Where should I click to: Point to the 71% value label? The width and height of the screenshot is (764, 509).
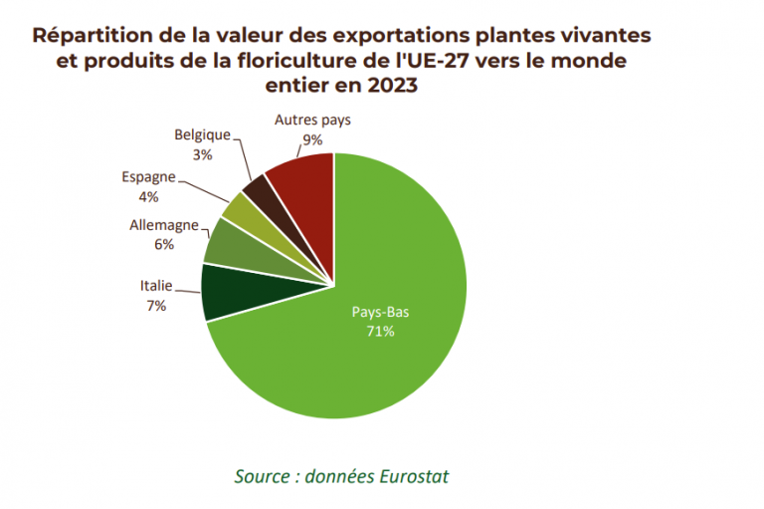point(381,330)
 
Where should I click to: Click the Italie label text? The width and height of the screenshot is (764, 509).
point(156,287)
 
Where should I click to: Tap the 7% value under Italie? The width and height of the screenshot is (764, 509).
point(155,306)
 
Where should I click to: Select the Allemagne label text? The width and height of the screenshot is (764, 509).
point(164,225)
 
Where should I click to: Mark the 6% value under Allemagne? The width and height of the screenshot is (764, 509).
point(164,244)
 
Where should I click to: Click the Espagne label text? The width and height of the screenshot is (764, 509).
point(149,177)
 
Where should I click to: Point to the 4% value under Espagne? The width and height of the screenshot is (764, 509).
point(148,196)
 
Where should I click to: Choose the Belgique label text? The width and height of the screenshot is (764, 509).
point(202,134)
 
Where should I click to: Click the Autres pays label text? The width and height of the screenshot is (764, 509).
point(312,121)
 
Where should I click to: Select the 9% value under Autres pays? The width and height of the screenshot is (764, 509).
point(312,139)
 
